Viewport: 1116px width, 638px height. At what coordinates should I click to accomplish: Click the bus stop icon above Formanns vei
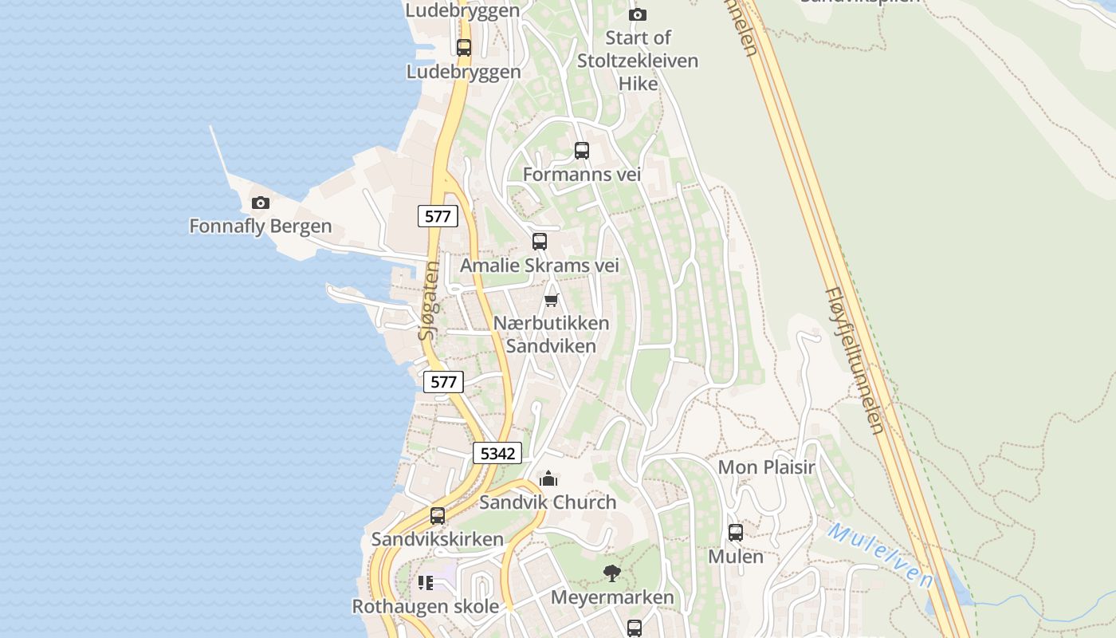click(x=582, y=150)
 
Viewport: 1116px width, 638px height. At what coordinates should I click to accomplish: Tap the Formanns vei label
click(x=582, y=174)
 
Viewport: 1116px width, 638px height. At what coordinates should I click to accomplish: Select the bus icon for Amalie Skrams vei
click(x=540, y=241)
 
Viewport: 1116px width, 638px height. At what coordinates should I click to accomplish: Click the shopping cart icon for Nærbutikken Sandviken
click(x=551, y=300)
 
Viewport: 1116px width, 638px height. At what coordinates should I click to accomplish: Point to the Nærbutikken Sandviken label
click(x=551, y=334)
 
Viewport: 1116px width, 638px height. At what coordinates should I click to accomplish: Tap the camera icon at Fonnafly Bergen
click(x=261, y=203)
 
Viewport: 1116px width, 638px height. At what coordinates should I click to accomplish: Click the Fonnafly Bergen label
click(x=261, y=226)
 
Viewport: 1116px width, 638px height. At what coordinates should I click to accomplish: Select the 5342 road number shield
click(x=497, y=453)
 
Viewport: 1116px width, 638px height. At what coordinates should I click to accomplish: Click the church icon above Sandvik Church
click(x=548, y=478)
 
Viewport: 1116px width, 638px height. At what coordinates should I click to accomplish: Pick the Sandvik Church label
click(x=548, y=502)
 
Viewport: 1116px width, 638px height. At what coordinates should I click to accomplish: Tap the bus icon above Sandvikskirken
click(x=438, y=516)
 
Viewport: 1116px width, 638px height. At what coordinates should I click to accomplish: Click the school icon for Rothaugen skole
click(x=426, y=583)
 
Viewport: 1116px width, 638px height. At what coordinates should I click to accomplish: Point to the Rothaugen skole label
click(x=426, y=606)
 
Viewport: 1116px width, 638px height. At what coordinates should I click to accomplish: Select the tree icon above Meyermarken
click(x=612, y=573)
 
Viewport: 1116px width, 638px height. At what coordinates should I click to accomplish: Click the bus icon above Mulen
click(x=736, y=532)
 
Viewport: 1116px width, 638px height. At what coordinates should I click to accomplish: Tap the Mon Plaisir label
click(x=767, y=467)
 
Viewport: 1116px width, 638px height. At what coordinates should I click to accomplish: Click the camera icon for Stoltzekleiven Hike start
click(x=638, y=14)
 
